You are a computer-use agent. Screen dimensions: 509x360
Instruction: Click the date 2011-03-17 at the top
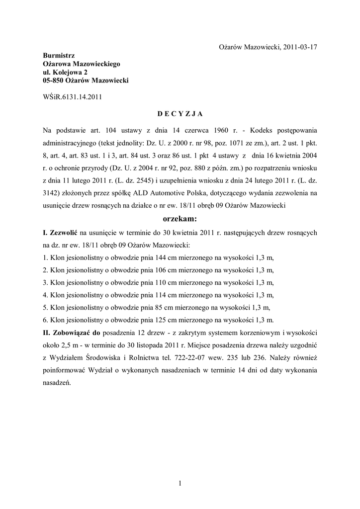pyautogui.click(x=299, y=47)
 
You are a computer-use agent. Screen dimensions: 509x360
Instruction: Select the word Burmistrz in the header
pyautogui.click(x=59, y=55)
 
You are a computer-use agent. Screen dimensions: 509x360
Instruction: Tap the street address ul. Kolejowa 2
pyautogui.click(x=66, y=72)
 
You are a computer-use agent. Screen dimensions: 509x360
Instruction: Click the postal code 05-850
pyautogui.click(x=54, y=81)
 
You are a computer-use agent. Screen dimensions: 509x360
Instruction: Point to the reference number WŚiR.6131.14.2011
pyautogui.click(x=72, y=97)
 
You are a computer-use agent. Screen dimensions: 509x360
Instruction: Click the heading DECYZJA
pyautogui.click(x=180, y=114)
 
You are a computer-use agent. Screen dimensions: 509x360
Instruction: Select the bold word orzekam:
pyautogui.click(x=180, y=218)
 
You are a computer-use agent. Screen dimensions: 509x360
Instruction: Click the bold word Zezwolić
pyautogui.click(x=64, y=232)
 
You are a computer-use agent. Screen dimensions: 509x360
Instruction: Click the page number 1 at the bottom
pyautogui.click(x=180, y=482)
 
